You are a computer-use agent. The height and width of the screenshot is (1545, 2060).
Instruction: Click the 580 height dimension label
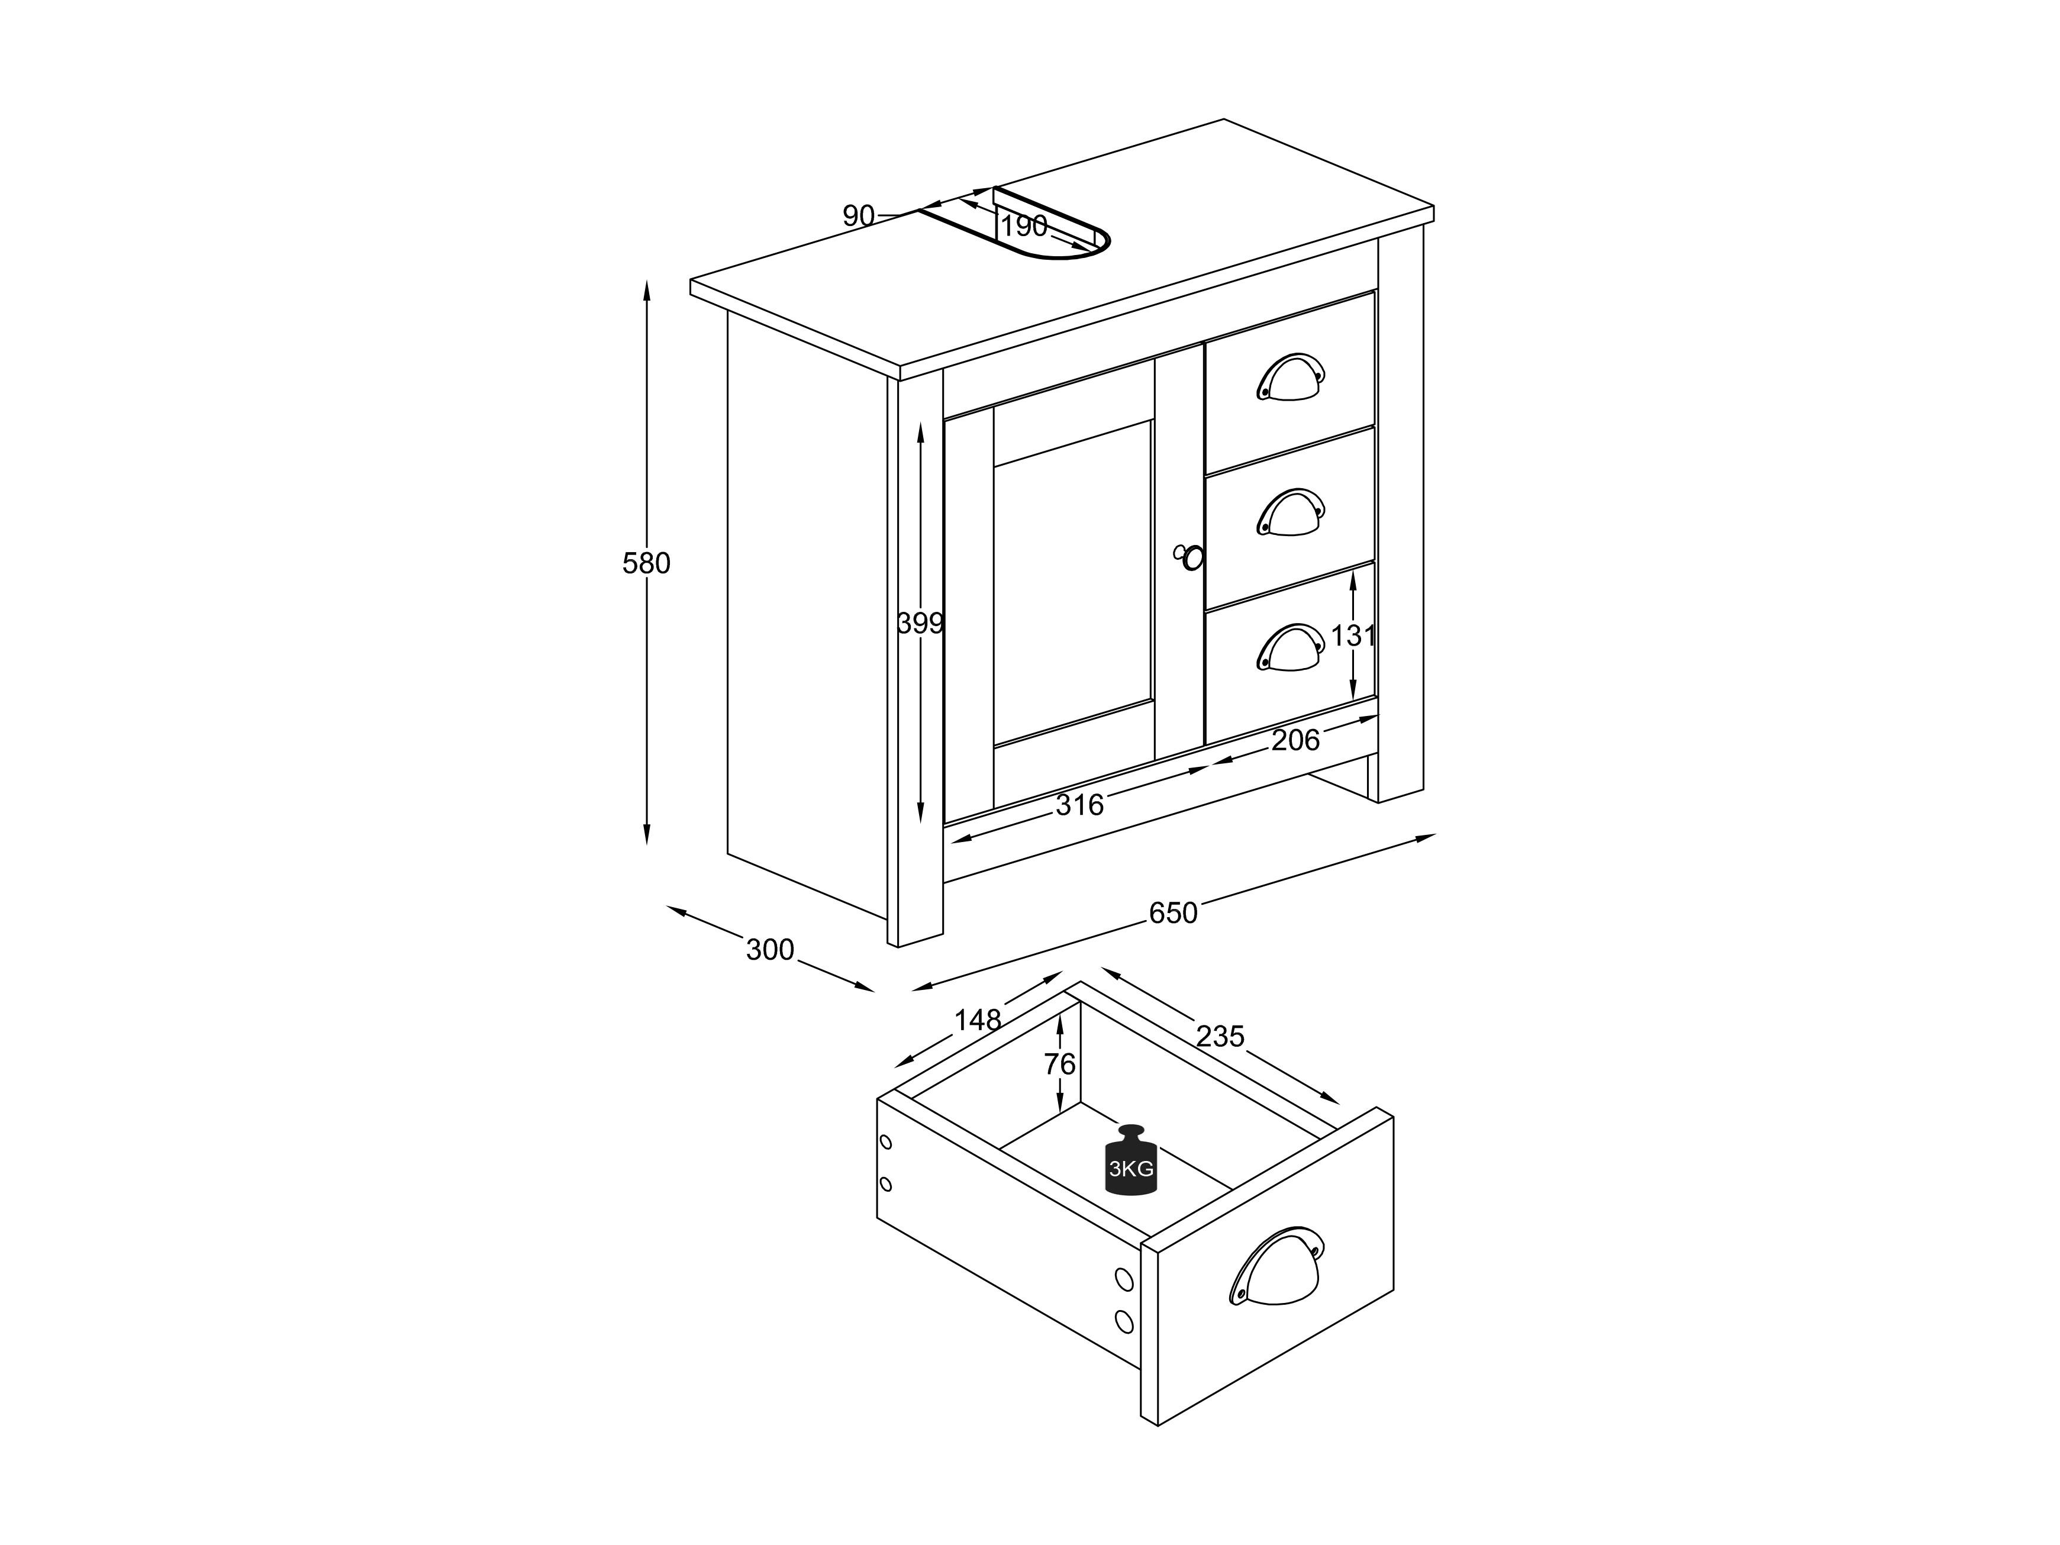tap(646, 563)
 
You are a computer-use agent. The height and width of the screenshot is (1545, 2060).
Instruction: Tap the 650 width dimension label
tap(1172, 912)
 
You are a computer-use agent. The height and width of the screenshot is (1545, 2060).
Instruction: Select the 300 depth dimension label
tap(770, 950)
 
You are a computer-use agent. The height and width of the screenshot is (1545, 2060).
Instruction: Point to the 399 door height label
tap(920, 623)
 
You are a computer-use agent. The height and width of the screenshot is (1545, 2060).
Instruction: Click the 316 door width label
tap(1079, 805)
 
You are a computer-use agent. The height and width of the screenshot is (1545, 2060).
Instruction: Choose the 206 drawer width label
tap(1295, 740)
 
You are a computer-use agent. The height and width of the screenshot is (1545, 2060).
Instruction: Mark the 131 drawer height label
tap(1352, 636)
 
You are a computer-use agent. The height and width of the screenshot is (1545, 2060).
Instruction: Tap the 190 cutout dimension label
tap(1024, 226)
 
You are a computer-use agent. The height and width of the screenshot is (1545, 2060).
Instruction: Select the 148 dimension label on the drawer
tap(977, 1021)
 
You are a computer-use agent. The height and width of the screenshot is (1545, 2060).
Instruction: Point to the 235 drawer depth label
tap(1220, 1037)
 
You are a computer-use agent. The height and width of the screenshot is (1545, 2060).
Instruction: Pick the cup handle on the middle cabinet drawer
tap(1290, 512)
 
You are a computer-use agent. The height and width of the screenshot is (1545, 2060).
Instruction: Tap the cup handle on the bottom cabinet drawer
tap(1290, 647)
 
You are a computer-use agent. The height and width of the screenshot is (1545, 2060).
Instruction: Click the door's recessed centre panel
tap(1073, 583)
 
